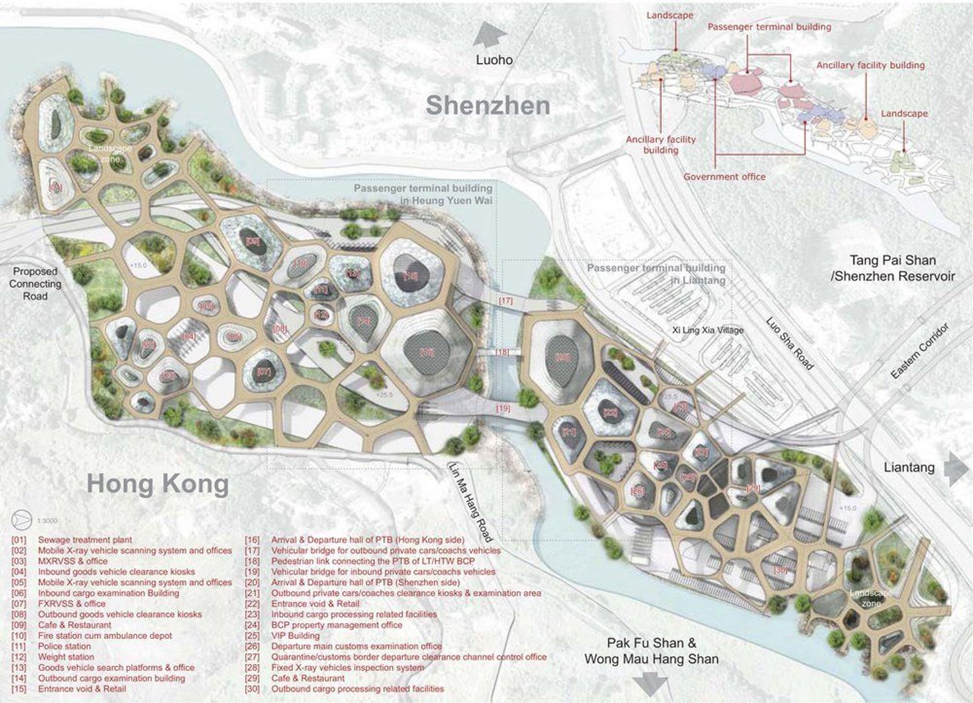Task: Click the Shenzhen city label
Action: point(488,106)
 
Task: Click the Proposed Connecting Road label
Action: point(35,283)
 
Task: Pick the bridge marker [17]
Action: point(506,301)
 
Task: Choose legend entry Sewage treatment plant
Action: point(85,540)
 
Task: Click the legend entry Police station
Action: point(64,646)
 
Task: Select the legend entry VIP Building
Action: point(295,635)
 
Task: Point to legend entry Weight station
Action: point(66,657)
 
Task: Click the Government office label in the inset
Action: point(724,177)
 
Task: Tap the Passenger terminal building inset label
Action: point(769,27)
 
